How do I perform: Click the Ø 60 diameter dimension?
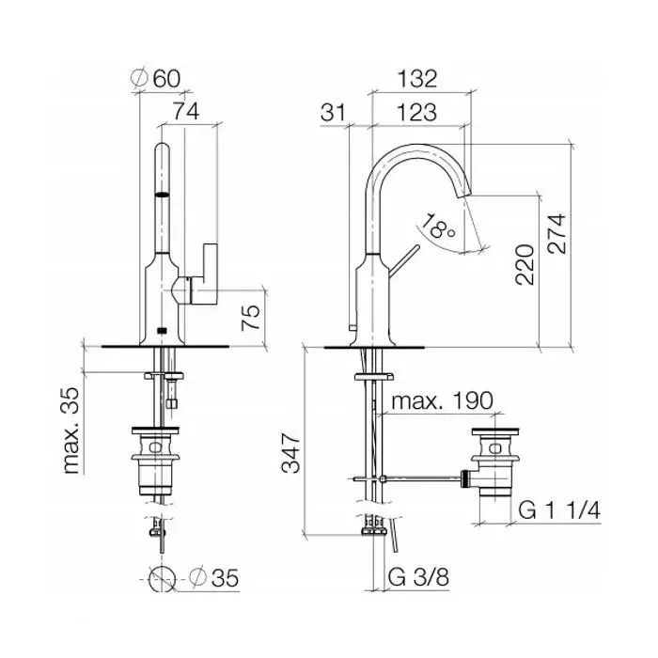[x=155, y=78]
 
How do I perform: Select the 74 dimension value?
[x=186, y=111]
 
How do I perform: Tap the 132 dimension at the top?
[x=417, y=78]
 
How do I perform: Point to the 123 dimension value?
[x=416, y=112]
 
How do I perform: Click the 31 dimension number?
[x=333, y=112]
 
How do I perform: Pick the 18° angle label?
[x=438, y=226]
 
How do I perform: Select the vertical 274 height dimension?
[x=556, y=233]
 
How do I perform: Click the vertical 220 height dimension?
[x=525, y=265]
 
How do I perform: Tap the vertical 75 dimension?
[x=251, y=318]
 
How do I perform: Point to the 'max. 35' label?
[x=71, y=431]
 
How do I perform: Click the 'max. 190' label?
[x=442, y=401]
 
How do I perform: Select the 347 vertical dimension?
[x=290, y=453]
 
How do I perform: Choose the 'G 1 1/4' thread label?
[x=559, y=510]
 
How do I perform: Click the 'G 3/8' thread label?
[x=418, y=577]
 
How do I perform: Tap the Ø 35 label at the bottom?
[x=213, y=577]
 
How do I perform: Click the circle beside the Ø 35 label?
[x=162, y=578]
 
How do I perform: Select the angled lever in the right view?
[x=403, y=261]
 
